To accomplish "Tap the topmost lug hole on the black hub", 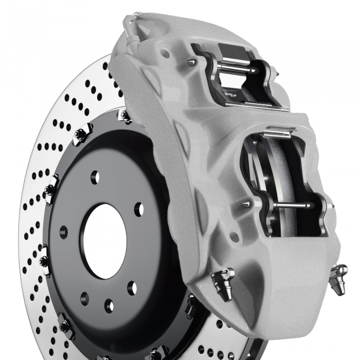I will [x=95, y=177].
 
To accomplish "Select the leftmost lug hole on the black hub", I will [x=63, y=232].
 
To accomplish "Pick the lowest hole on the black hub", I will [x=109, y=307].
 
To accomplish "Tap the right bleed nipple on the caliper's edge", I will [x=339, y=277].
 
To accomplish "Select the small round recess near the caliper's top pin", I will [x=165, y=52].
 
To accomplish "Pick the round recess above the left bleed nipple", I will [x=235, y=237].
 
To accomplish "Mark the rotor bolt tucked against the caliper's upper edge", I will [x=124, y=115].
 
